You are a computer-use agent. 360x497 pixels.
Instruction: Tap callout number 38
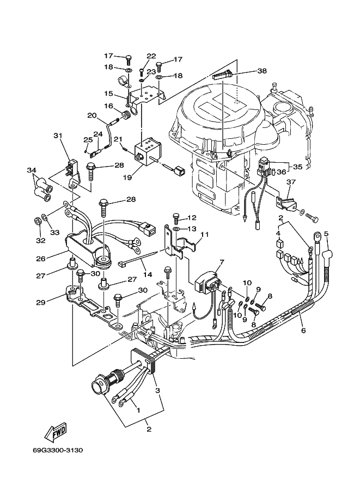pos(262,71)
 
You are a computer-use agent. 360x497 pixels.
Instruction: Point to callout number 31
pos(58,136)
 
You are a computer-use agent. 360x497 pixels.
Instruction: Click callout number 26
pos(41,259)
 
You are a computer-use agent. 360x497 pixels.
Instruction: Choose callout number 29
pos(41,302)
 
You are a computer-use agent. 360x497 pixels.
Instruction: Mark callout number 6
pos(303,330)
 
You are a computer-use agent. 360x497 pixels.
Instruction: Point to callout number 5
pos(326,234)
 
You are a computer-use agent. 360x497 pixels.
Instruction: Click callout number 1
pos(138,410)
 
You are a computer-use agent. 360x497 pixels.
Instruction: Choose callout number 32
pos(41,241)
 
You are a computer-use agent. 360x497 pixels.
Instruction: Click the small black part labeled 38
pos(222,76)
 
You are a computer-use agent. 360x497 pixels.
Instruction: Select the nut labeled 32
pos(36,220)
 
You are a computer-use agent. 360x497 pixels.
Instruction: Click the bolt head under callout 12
pos(176,216)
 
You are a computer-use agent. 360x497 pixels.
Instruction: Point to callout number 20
pos(92,116)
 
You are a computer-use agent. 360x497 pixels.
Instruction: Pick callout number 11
pos(205,235)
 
